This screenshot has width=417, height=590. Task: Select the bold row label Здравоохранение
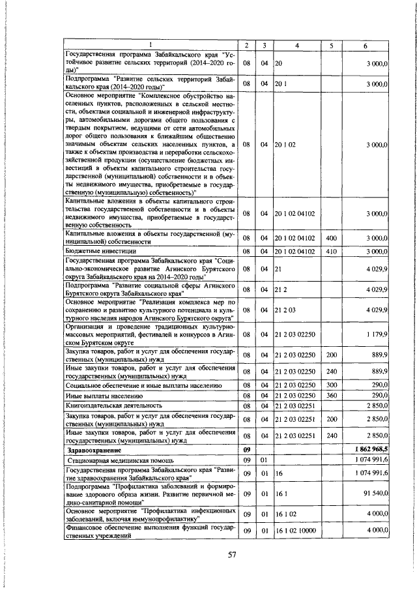[97, 449]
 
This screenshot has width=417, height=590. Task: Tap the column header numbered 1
[151, 45]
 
